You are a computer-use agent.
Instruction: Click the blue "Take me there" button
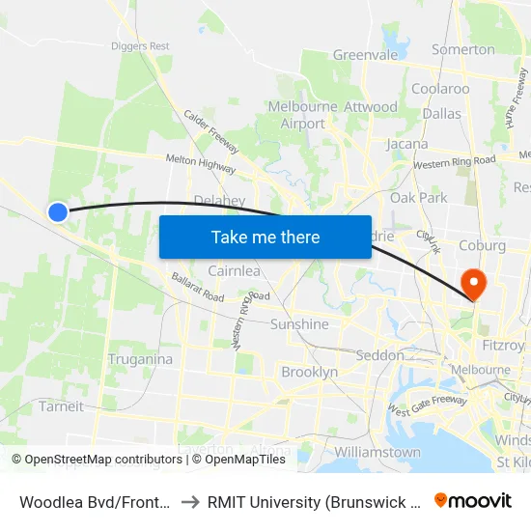(265, 237)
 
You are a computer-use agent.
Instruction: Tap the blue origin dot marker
(58, 211)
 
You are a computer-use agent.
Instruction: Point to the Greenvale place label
(365, 55)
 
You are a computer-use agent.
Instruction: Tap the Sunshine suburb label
(299, 324)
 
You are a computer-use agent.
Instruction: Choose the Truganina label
(141, 359)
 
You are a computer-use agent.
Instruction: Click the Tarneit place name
(61, 406)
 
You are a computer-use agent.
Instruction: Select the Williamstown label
(377, 452)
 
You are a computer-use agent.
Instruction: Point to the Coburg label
(484, 245)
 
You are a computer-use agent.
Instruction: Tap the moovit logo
(472, 500)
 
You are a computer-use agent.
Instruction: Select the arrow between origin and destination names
(191, 500)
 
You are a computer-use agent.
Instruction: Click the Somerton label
(463, 49)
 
